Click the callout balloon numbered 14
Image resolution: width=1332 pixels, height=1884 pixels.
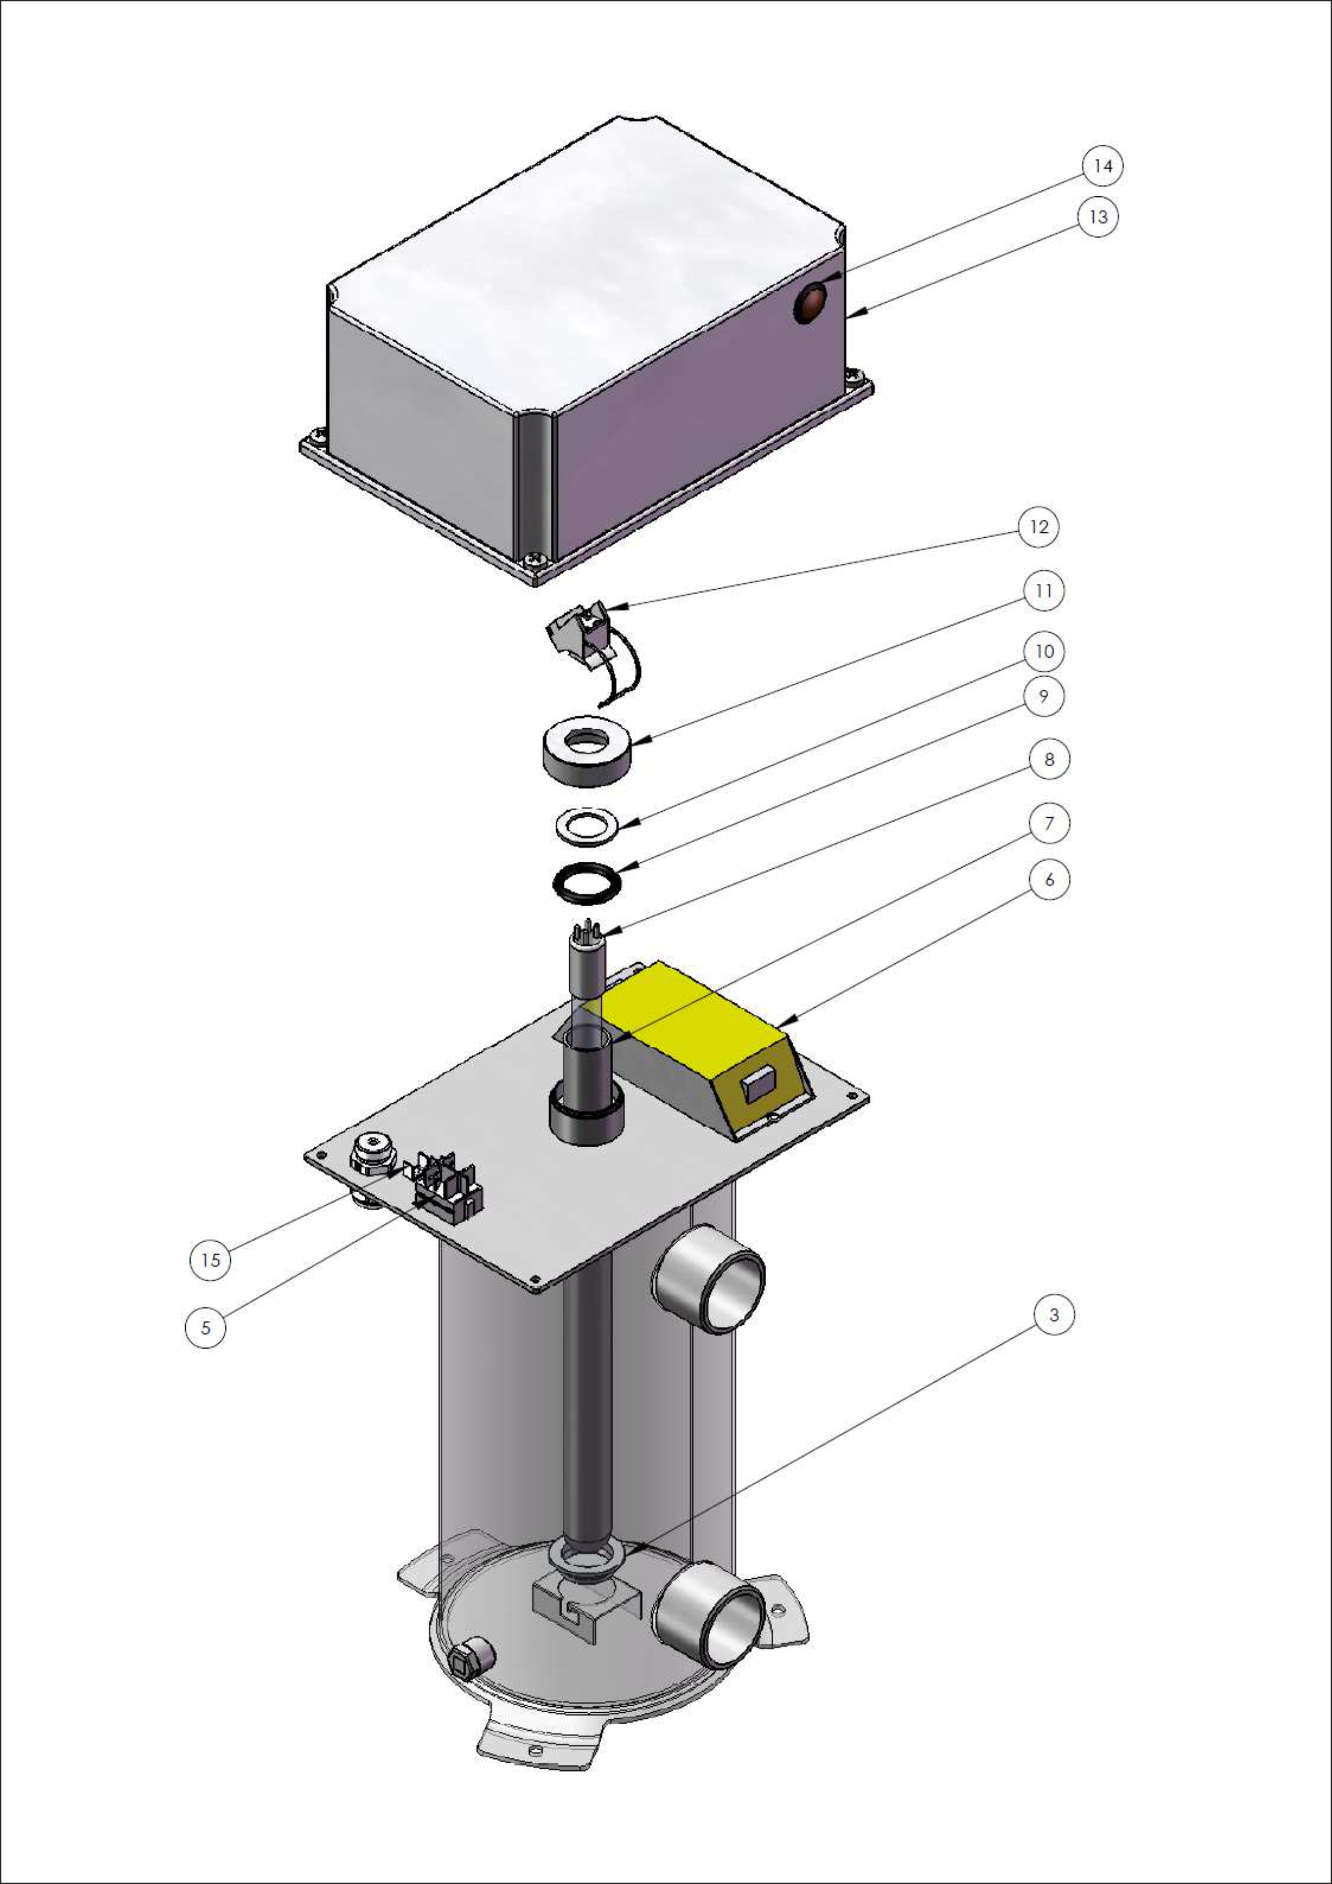[x=1103, y=166]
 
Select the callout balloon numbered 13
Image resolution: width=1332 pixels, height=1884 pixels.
[x=1098, y=217]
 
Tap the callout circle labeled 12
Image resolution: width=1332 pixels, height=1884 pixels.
[x=1039, y=527]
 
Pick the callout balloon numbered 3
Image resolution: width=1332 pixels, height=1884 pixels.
[x=1054, y=1315]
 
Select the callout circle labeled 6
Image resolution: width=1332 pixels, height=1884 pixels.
[x=1049, y=879]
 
